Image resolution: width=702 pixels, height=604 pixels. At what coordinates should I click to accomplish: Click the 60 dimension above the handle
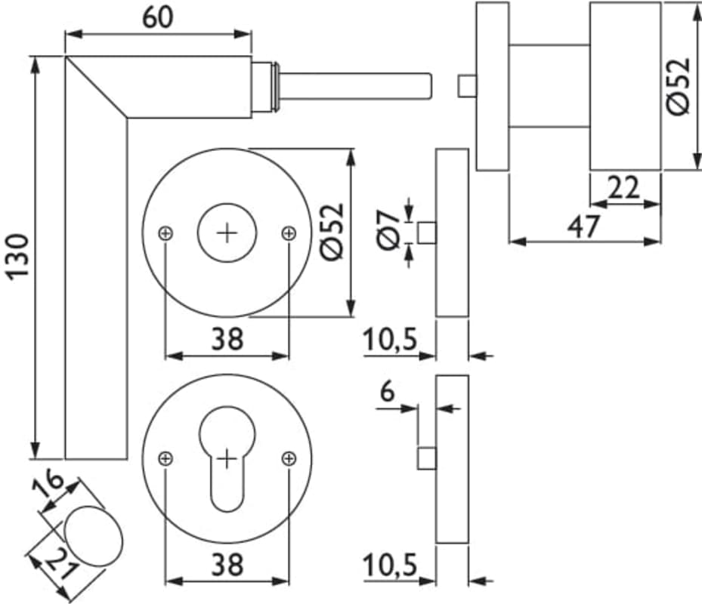coord(157,17)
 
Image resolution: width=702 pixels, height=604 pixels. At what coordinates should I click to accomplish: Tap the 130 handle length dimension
coord(18,257)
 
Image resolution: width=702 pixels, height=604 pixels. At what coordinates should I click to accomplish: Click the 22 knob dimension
coord(624,187)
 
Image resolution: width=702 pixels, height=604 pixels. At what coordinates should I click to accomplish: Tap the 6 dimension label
coord(387,393)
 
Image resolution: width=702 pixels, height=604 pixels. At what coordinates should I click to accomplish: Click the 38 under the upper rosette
coord(227,340)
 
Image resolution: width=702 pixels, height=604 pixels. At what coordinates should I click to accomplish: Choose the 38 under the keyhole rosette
coord(227,564)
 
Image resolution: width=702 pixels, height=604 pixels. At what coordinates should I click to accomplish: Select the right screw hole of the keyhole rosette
coord(288,458)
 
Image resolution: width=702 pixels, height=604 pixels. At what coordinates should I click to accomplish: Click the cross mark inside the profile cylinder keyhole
coord(226,457)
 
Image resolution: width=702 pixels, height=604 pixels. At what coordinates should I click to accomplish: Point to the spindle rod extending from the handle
coord(355,85)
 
